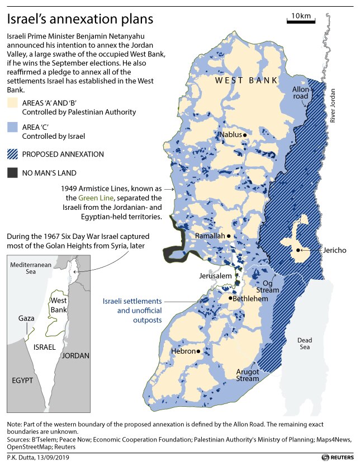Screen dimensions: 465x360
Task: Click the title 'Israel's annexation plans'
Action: click(x=79, y=20)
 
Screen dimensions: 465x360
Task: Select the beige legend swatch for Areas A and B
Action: click(x=12, y=103)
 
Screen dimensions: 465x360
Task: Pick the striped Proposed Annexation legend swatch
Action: click(x=12, y=153)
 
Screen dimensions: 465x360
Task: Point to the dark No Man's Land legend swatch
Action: click(x=12, y=173)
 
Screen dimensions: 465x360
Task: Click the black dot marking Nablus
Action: click(x=245, y=135)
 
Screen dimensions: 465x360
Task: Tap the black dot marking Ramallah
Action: click(x=229, y=236)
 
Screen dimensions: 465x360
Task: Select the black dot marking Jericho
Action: click(x=299, y=250)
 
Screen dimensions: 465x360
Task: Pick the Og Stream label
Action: click(x=267, y=286)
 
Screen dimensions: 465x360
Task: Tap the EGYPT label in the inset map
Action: click(x=22, y=380)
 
